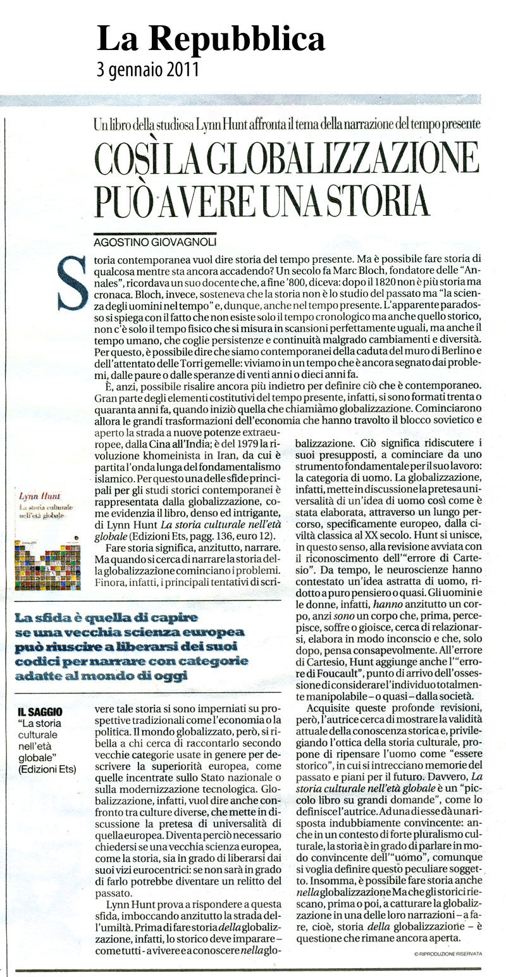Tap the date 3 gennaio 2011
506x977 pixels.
[148, 68]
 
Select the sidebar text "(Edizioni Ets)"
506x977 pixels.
[47, 769]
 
